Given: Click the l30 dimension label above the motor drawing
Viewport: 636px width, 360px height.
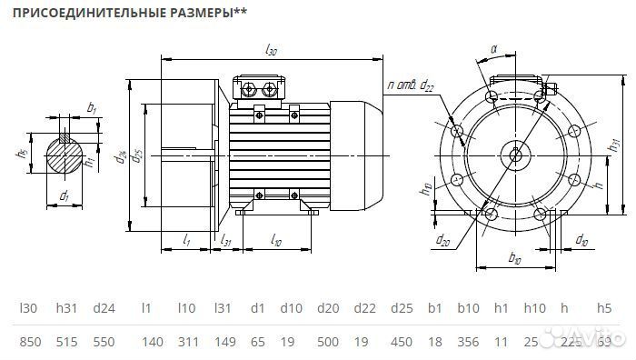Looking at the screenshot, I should click(x=271, y=51).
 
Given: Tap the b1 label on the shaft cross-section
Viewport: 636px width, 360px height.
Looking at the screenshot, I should click(x=92, y=108).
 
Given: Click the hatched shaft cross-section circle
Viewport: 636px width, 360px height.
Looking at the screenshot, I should click(x=64, y=155).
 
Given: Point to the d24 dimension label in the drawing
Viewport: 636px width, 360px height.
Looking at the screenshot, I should click(x=121, y=156).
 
